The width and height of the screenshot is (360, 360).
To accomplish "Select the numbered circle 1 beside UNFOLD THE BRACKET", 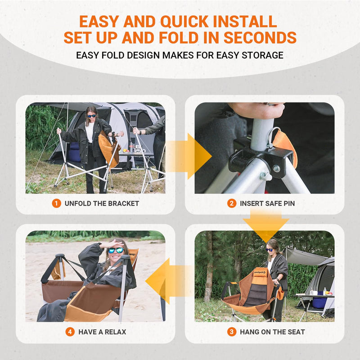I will (x=56, y=203).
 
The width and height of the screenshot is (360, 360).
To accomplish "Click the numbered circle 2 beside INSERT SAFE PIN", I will (x=231, y=203).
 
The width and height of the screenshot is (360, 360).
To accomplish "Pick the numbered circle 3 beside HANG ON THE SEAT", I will (x=231, y=332).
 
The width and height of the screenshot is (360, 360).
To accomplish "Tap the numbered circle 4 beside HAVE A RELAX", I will (x=70, y=332).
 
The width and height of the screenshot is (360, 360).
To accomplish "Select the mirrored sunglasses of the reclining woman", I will (x=116, y=250).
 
